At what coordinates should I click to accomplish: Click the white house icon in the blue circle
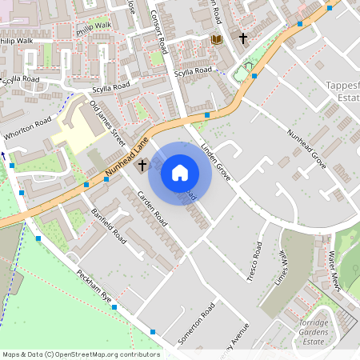pyautogui.click(x=180, y=172)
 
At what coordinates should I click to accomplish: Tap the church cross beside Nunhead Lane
pyautogui.click(x=142, y=166)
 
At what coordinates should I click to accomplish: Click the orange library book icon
pyautogui.click(x=215, y=38)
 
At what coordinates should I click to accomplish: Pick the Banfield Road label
pyautogui.click(x=109, y=226)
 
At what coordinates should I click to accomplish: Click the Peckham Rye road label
pyautogui.click(x=94, y=285)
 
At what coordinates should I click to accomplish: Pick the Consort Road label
pyautogui.click(x=159, y=32)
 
